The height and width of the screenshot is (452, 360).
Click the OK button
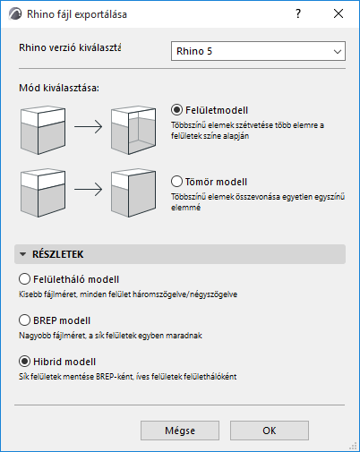[270, 431]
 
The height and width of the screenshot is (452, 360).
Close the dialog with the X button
[339, 13]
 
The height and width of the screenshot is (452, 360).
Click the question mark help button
[298, 13]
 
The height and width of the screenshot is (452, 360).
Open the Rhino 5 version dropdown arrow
[338, 51]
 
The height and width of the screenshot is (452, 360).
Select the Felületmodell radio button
[176, 110]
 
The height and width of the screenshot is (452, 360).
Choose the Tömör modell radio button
[176, 182]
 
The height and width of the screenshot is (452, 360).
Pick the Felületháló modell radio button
[24, 279]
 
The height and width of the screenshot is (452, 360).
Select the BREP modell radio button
[24, 320]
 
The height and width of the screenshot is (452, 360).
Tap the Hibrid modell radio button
[24, 362]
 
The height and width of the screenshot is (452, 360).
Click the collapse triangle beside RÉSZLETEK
[22, 254]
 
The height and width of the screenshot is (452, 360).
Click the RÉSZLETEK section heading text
[58, 254]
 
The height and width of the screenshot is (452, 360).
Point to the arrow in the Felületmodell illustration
[89, 126]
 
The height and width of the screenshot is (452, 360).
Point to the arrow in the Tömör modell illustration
[89, 189]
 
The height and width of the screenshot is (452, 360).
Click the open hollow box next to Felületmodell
[133, 130]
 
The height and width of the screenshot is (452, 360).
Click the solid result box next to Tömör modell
[133, 192]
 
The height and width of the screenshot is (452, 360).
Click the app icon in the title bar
[15, 13]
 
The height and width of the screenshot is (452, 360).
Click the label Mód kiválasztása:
[59, 89]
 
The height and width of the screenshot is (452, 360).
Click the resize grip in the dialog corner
[353, 446]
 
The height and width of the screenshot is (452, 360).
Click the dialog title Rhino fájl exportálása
[77, 14]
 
